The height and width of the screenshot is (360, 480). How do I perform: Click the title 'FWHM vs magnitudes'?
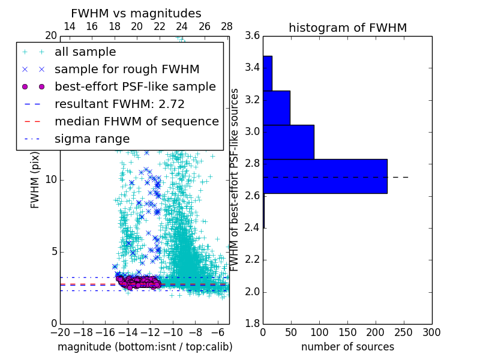click(136, 14)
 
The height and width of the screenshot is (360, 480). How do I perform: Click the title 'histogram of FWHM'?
click(347, 28)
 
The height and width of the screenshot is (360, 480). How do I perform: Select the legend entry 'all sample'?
click(85, 52)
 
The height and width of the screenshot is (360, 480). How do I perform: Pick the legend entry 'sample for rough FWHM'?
click(118, 70)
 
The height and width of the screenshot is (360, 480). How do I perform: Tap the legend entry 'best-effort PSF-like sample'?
click(135, 86)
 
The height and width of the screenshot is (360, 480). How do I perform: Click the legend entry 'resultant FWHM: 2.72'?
click(119, 104)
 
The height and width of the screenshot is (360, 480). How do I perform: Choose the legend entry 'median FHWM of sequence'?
click(136, 121)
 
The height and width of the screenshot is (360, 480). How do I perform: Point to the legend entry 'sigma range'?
click(92, 139)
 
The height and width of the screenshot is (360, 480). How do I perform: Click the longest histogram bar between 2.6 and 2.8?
click(325, 176)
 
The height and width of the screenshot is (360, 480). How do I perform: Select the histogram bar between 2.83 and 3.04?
click(288, 142)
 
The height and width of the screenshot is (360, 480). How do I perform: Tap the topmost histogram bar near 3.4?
click(268, 73)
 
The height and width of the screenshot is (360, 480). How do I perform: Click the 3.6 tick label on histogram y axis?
click(253, 36)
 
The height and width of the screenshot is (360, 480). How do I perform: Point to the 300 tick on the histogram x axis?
click(431, 332)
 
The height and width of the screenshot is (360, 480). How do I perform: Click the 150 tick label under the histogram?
click(347, 332)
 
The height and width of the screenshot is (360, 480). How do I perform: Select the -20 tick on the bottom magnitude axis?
click(60, 332)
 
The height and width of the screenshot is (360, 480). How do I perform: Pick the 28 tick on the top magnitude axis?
click(227, 26)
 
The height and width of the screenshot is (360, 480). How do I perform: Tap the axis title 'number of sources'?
click(347, 347)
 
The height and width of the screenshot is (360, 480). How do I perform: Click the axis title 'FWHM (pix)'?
click(35, 180)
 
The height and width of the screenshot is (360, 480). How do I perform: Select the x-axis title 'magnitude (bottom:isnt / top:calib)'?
click(145, 347)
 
